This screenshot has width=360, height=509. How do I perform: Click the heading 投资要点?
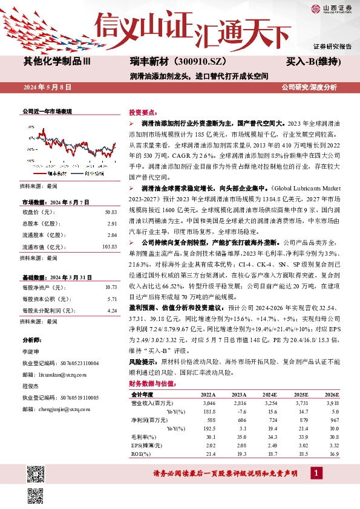(143, 113)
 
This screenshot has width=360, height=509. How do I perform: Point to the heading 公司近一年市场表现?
(47, 112)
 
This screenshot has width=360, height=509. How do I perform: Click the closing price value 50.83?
(111, 212)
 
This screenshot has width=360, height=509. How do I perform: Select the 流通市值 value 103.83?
(109, 247)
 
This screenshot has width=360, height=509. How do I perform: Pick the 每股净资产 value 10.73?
(111, 287)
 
